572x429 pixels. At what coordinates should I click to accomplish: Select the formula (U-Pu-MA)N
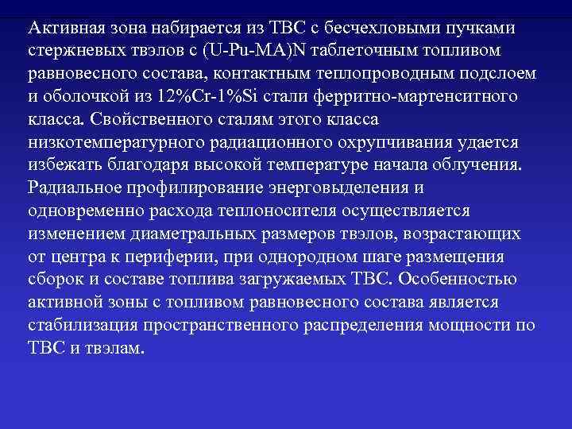point(248,51)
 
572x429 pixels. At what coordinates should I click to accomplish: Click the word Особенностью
point(460,280)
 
